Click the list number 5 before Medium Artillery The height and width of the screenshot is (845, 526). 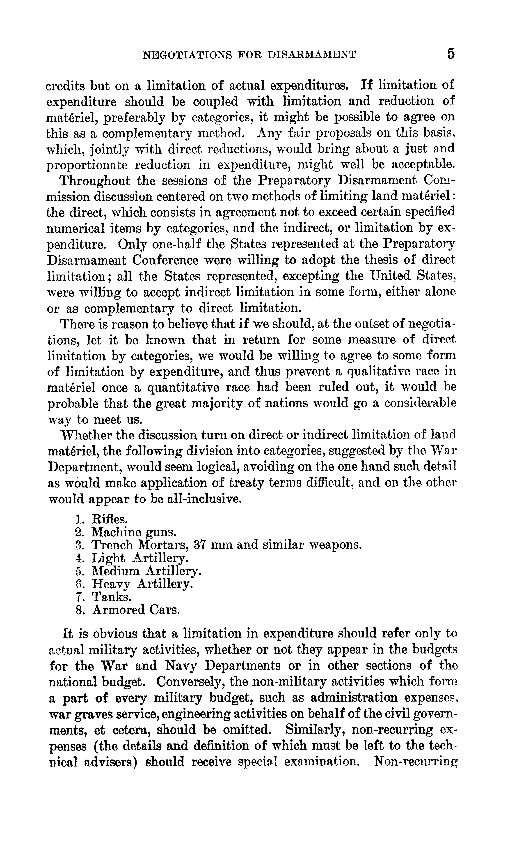(79, 571)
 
